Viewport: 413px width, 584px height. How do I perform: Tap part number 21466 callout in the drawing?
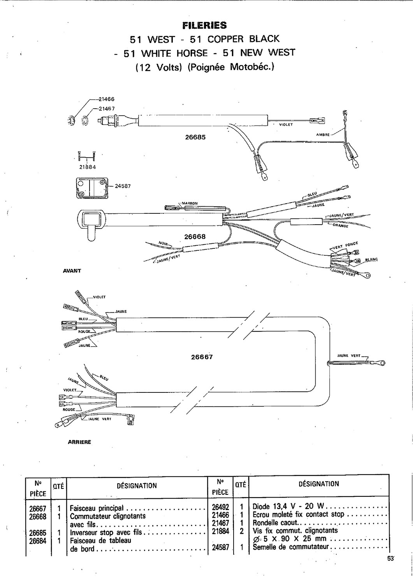click(x=106, y=99)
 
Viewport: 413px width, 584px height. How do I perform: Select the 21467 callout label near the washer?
click(x=107, y=109)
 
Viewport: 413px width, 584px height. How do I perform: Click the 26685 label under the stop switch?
click(x=195, y=137)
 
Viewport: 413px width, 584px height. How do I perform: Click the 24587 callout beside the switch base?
click(x=123, y=186)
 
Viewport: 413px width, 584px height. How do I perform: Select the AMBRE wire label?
click(x=323, y=135)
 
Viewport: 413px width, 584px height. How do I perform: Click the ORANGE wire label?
click(x=341, y=226)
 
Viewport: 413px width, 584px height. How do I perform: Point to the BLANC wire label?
click(x=371, y=259)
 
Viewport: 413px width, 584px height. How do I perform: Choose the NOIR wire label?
click(x=163, y=244)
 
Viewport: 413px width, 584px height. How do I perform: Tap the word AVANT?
click(x=72, y=271)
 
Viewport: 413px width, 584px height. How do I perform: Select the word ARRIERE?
click(x=79, y=442)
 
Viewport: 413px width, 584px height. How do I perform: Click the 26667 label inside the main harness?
click(x=202, y=357)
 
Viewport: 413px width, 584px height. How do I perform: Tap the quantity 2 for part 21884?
click(x=241, y=531)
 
